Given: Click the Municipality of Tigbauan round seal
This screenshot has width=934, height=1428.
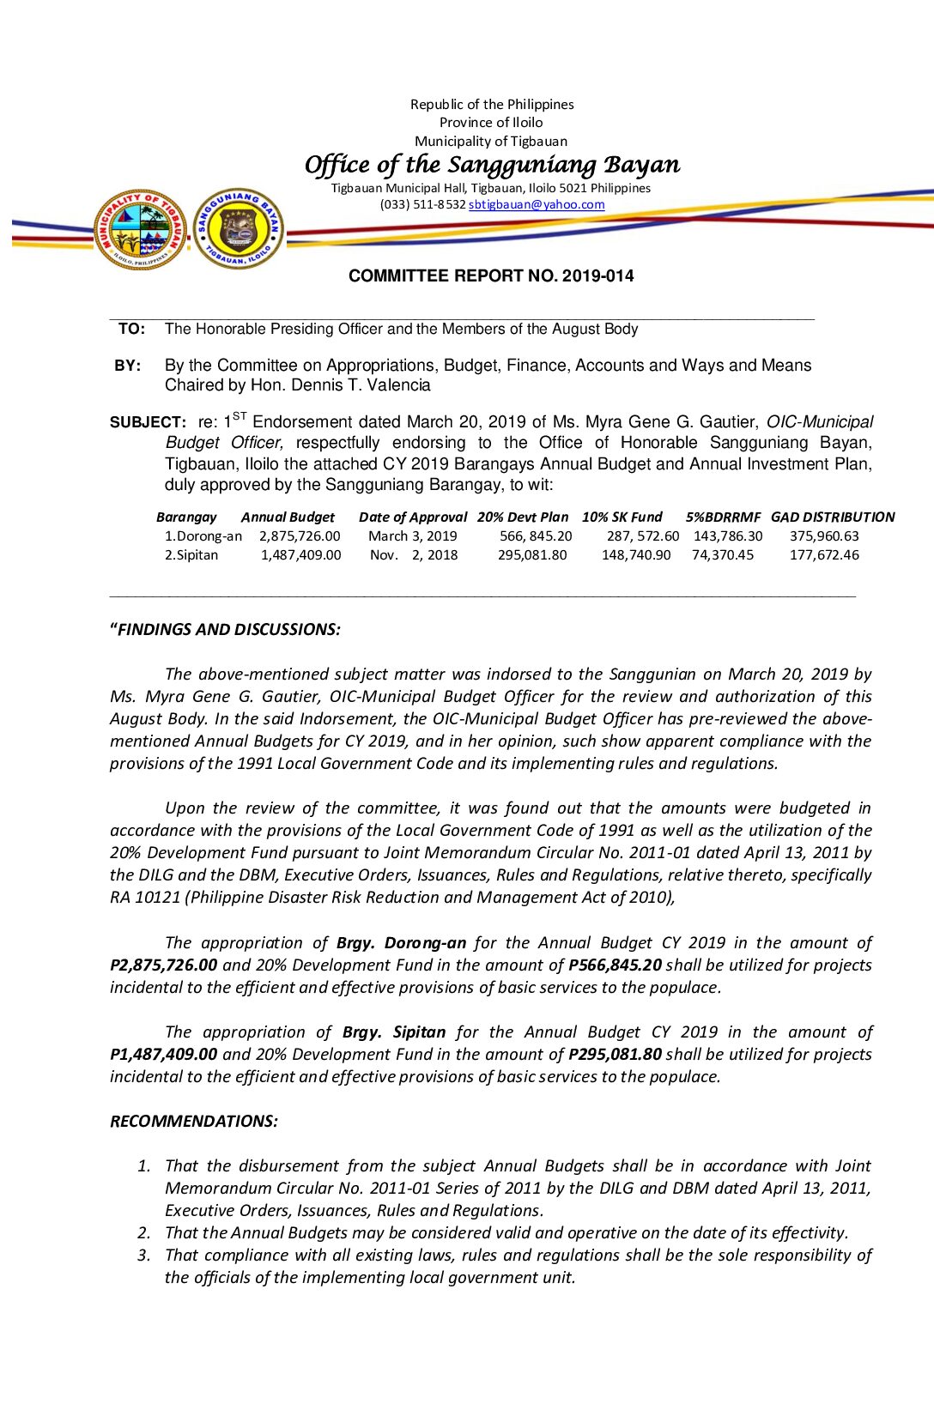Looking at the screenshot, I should (140, 229).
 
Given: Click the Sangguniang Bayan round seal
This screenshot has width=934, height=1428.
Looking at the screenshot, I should (238, 229).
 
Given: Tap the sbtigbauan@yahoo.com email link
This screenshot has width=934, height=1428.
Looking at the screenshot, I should (537, 205).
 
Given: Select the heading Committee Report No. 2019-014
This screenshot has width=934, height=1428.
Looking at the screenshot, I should (491, 276).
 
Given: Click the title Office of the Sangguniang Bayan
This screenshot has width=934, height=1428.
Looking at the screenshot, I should (492, 164).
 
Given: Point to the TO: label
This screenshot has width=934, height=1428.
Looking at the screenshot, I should (131, 329).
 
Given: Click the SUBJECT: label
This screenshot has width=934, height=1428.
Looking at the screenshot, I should (148, 422).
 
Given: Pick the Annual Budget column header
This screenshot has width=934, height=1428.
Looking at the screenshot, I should (288, 517).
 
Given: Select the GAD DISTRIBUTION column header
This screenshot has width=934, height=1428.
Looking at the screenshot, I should (832, 517).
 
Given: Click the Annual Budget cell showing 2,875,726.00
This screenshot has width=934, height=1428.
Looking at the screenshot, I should (300, 536).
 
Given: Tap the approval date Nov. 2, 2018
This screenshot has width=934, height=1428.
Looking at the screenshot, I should (414, 555).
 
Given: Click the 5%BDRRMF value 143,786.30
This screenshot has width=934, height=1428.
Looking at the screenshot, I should (728, 536).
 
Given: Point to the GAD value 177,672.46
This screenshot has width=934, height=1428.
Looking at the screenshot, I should (824, 555).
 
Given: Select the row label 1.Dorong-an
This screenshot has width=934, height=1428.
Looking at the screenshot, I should (203, 536).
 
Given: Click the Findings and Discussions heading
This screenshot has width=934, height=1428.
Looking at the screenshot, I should (225, 630).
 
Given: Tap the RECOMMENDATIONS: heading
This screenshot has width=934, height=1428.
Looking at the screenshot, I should (194, 1122).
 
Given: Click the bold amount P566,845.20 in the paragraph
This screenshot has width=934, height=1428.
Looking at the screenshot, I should (615, 965).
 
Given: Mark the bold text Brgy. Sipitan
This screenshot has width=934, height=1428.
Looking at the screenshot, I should (394, 1032).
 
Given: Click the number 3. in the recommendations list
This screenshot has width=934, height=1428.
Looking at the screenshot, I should (144, 1256).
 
